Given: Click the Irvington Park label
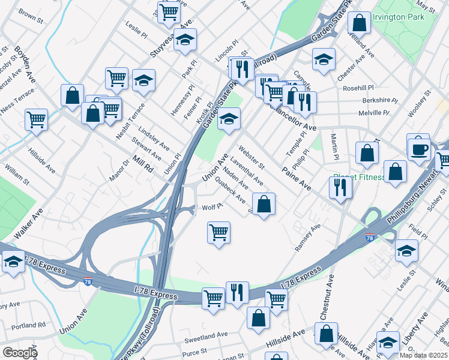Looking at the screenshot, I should pos(398,17).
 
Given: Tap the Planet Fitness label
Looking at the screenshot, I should pos(358,178).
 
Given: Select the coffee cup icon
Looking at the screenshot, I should pos(418,148).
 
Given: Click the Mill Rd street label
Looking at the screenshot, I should pos(143,164).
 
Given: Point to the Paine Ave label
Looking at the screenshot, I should pos(296,179).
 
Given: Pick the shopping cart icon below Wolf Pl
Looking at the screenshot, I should pos(218,232).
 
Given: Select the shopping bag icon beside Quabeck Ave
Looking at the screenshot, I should pos(264,204).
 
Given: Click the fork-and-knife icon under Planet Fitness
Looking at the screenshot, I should pos(340,187).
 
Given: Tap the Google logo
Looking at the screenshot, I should pos(20,353).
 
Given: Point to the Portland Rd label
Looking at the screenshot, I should pos(32,325).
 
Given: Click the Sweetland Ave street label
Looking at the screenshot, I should pos(206,334).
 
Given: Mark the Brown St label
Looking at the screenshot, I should pos(31,16).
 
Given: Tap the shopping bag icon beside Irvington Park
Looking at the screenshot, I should pos(358,23).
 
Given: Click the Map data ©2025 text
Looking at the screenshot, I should pos(424,355).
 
